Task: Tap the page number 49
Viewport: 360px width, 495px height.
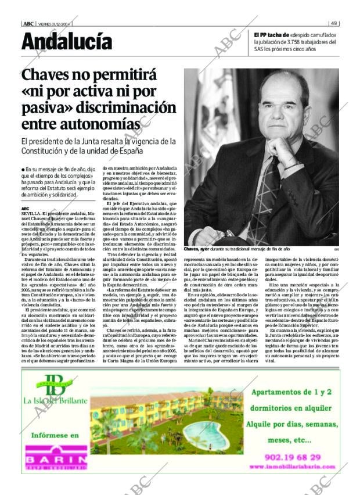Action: tap(334, 24)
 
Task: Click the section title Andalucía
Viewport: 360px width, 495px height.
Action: tap(67, 42)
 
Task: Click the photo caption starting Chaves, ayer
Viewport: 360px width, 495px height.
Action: tap(236, 249)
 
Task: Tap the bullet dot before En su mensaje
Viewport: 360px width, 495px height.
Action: tap(23, 169)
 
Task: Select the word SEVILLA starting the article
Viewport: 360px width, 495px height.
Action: tap(30, 214)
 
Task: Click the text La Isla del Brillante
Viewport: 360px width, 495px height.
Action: tap(55, 400)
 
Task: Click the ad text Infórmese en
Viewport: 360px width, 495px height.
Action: tap(55, 435)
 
